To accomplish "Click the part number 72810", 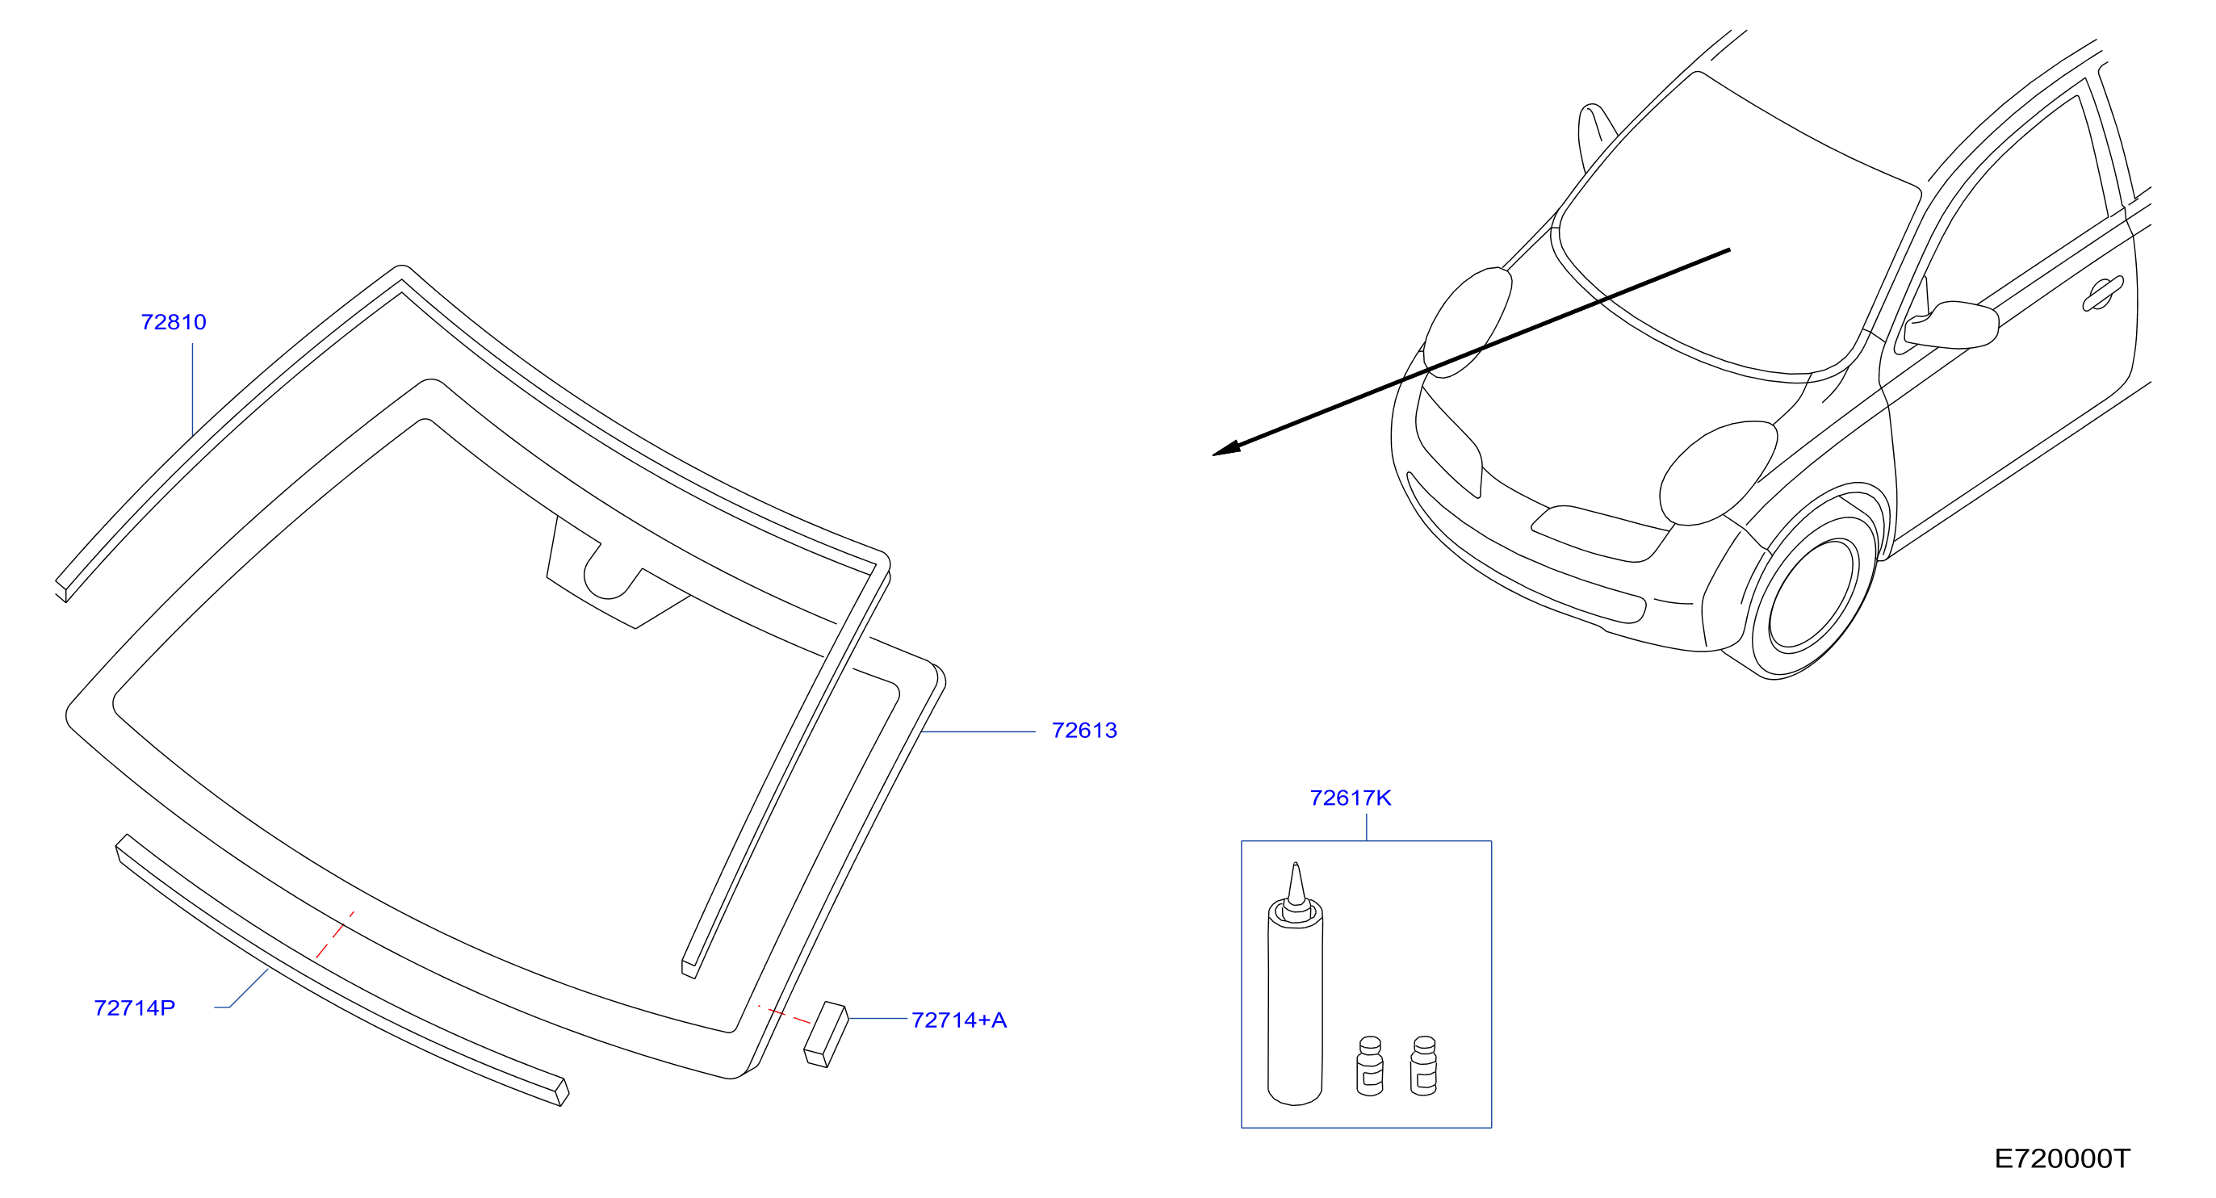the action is click(174, 322).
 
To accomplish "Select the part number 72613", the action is click(1084, 731).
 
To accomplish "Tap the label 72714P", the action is click(134, 1008).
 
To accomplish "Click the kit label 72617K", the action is click(1351, 798).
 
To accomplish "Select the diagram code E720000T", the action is click(2063, 1159).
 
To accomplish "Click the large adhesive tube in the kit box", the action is click(1296, 985).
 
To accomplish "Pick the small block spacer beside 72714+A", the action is click(826, 1035).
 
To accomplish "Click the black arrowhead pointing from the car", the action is click(1225, 448).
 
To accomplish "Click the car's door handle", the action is click(2102, 293).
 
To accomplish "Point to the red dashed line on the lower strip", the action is click(335, 935).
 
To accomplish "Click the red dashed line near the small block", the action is click(784, 1015).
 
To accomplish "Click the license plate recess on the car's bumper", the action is click(1601, 534).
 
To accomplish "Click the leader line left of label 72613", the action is click(978, 732).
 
